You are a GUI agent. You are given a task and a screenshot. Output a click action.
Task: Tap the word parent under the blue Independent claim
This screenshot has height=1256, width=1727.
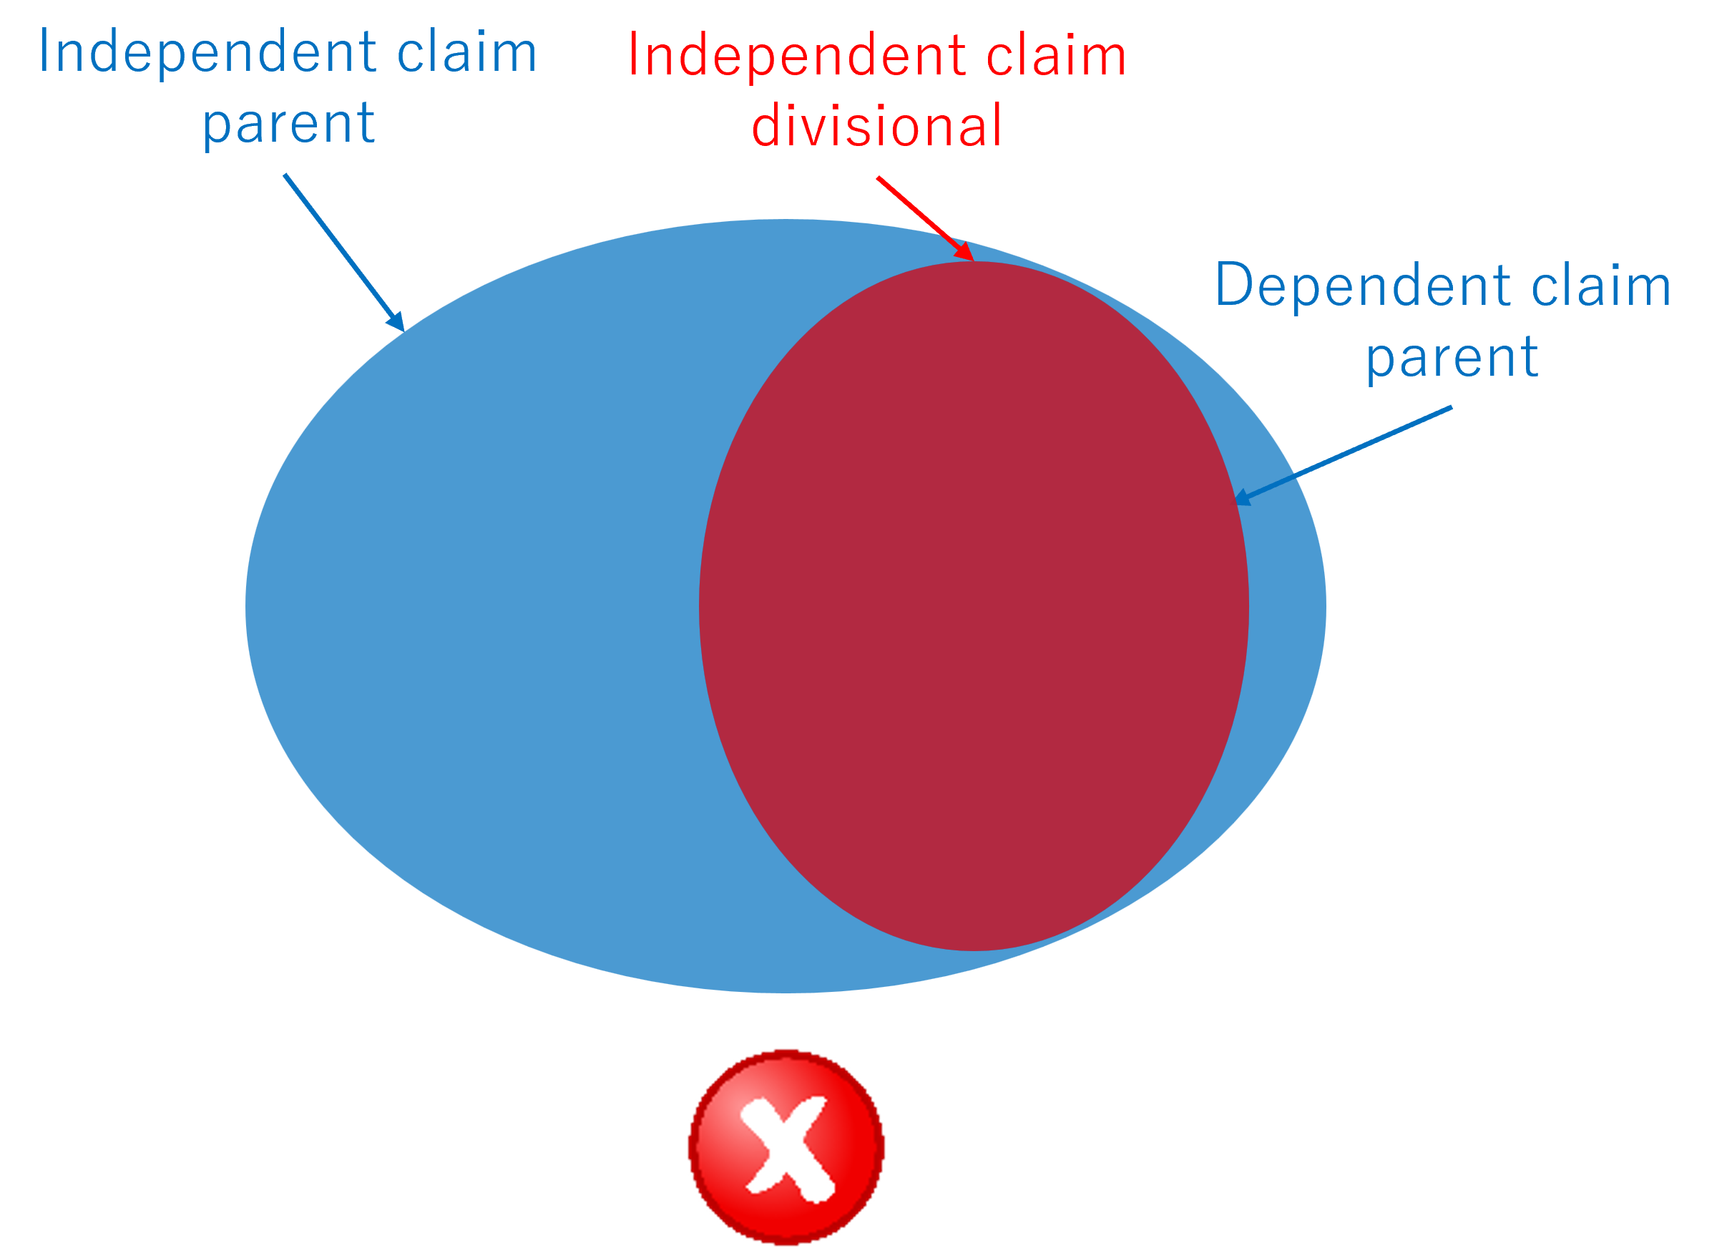288,123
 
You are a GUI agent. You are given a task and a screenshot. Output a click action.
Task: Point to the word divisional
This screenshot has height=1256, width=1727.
876,126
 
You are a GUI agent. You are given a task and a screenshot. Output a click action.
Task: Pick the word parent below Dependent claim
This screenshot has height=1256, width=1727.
1452,357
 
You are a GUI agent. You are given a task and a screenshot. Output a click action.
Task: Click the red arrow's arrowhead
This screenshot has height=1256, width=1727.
965,252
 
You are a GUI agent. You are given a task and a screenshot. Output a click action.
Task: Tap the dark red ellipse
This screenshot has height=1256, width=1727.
973,605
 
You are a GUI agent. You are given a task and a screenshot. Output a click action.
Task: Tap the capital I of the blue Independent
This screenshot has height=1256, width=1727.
44,52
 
